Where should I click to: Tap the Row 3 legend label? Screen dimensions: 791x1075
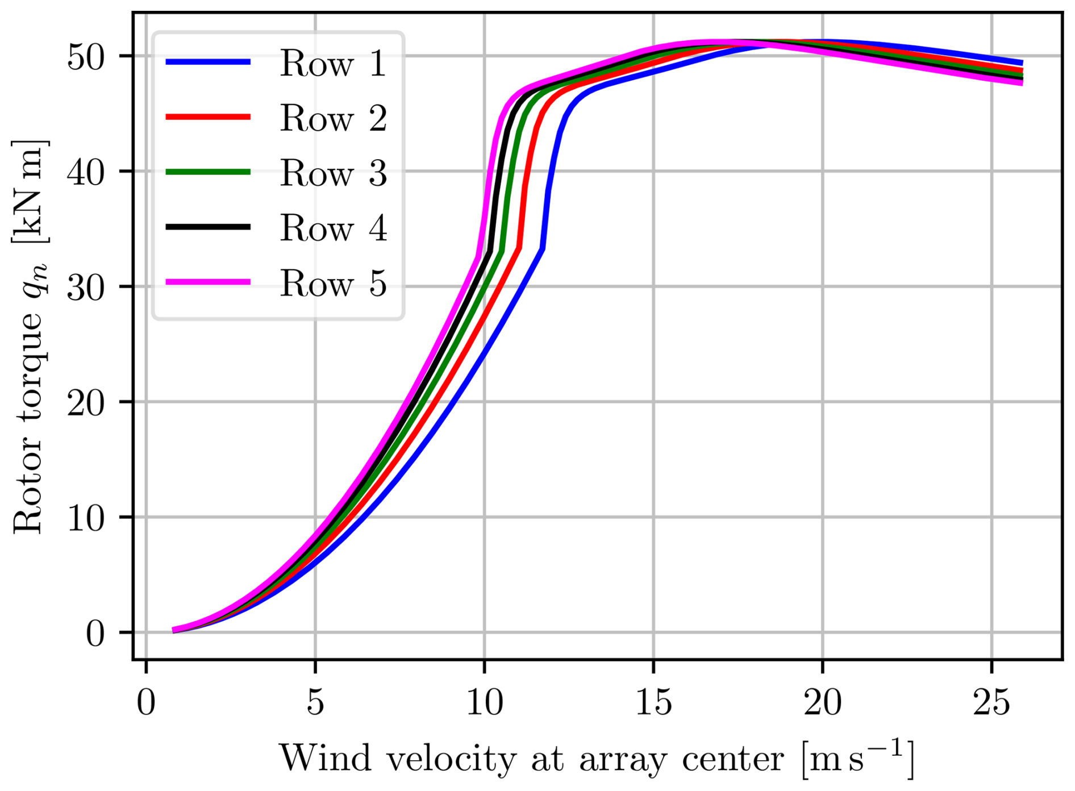[333, 173]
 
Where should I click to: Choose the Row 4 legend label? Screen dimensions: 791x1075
[333, 228]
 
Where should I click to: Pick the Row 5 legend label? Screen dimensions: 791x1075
[333, 283]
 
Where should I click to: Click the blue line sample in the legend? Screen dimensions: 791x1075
[208, 62]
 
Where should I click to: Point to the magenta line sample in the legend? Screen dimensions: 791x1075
[208, 282]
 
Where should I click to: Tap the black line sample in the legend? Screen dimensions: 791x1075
[208, 227]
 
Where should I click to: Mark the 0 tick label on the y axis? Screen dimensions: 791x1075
[95, 633]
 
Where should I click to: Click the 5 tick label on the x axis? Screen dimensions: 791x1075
[315, 702]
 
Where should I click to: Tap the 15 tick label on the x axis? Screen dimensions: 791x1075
[653, 702]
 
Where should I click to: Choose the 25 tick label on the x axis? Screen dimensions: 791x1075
[991, 702]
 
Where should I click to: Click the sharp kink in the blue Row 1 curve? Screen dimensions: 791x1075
[543, 248]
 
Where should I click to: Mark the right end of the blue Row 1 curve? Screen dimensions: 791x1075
[1022, 63]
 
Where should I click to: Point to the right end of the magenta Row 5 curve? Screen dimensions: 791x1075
[1022, 83]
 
